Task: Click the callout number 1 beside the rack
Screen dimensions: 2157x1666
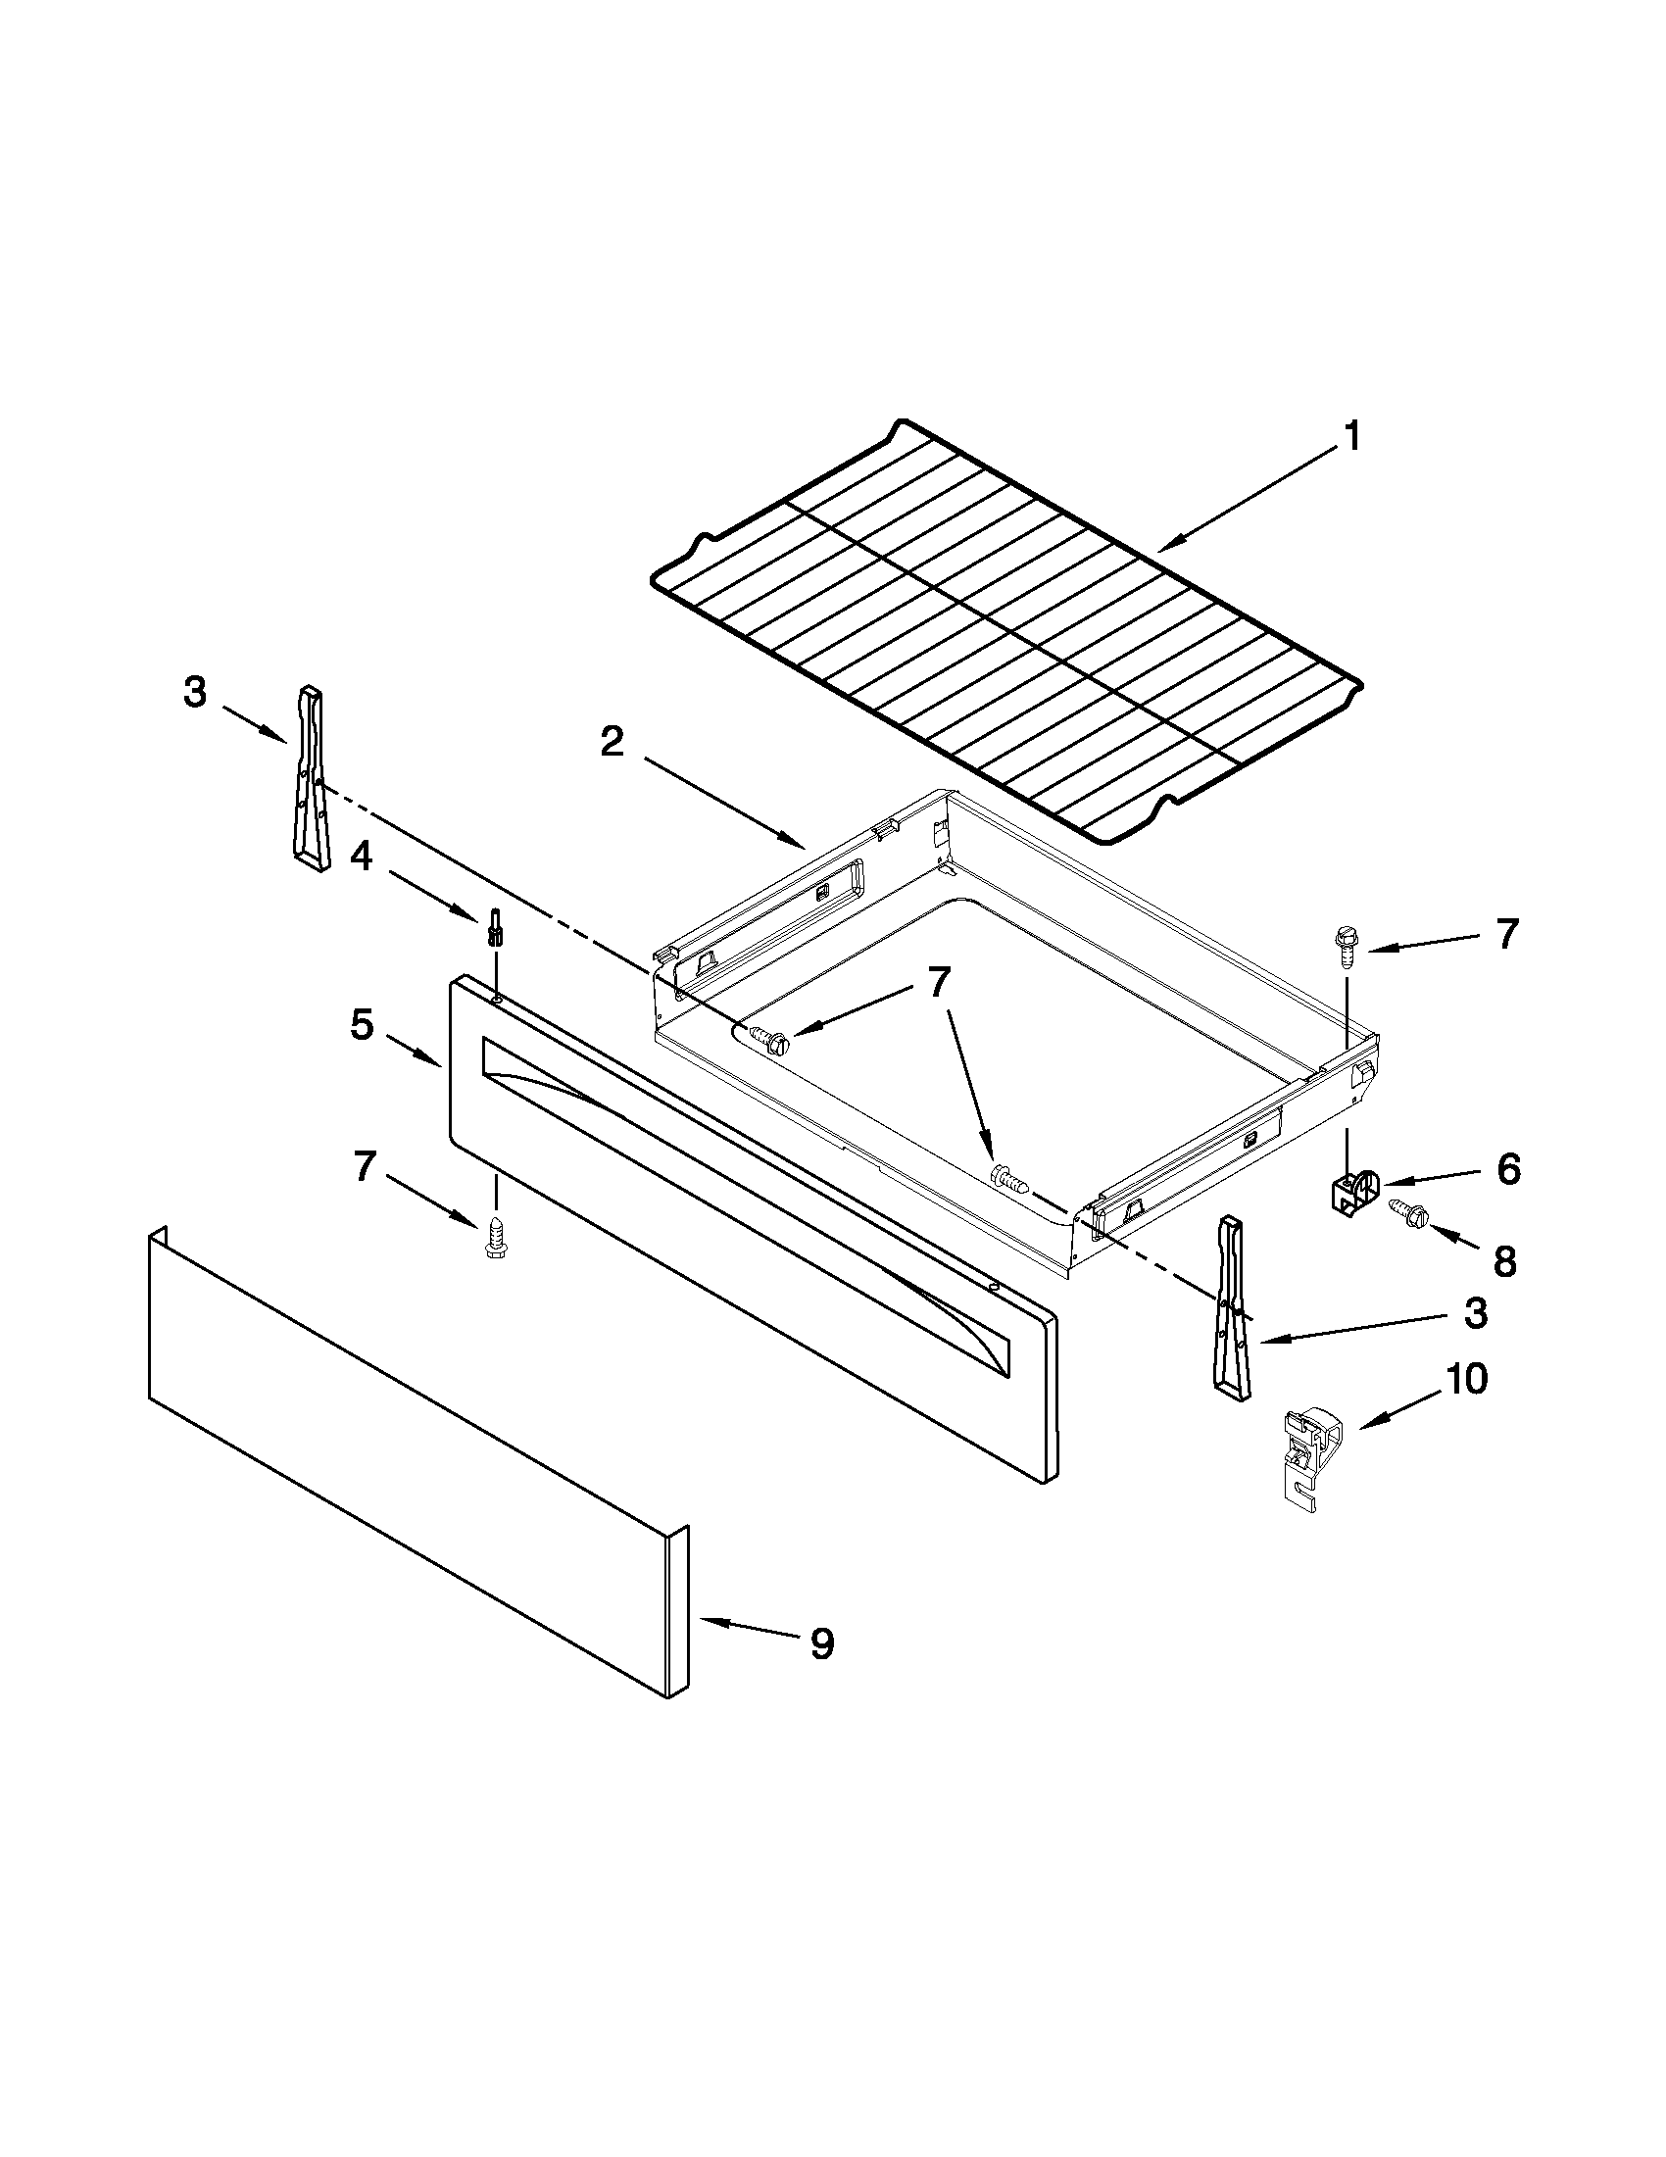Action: [x=1352, y=435]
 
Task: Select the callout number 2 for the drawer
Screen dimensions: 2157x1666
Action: [x=612, y=742]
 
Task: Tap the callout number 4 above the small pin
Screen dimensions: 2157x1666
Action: [x=362, y=857]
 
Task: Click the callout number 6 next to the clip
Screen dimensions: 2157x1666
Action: [x=1508, y=1170]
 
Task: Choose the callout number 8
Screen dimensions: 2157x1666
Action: [x=1503, y=1261]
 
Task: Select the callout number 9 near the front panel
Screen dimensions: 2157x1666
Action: [x=821, y=1644]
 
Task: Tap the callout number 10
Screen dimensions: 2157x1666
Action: [x=1466, y=1379]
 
